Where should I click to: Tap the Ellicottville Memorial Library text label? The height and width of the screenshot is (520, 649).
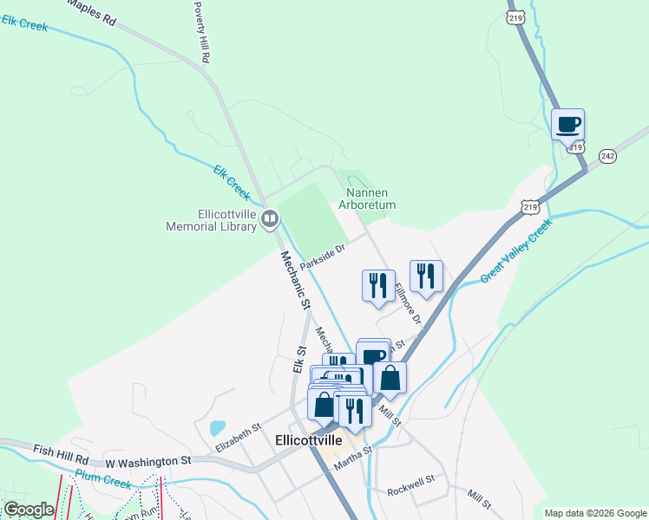click(x=213, y=220)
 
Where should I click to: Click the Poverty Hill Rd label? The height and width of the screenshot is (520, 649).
click(x=201, y=32)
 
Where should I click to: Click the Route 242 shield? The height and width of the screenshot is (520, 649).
click(x=607, y=156)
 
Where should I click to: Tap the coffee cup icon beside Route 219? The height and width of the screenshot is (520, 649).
click(x=567, y=125)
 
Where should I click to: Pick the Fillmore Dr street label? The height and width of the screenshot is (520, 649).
click(x=408, y=304)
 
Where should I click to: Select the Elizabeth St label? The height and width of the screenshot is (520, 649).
click(x=239, y=438)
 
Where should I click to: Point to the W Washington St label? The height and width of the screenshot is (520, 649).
click(x=147, y=460)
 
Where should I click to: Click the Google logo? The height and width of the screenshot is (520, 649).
click(x=29, y=510)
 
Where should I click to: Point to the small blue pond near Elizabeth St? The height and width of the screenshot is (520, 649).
click(x=217, y=428)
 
